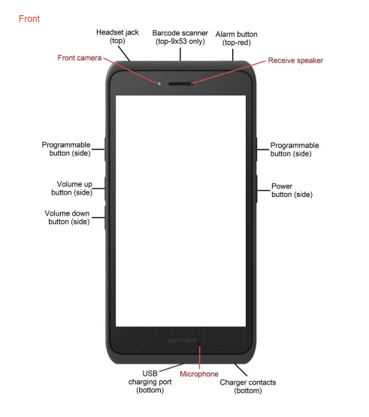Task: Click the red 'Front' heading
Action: (29, 18)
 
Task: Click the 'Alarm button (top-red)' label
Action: (237, 38)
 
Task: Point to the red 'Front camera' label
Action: (80, 58)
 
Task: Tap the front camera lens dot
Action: (159, 82)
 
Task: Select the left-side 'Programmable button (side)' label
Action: (66, 149)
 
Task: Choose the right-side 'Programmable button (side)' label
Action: (295, 149)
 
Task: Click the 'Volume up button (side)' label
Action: (74, 188)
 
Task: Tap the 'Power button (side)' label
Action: (282, 190)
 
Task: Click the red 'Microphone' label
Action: (199, 373)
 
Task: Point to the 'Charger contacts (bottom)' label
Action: (247, 386)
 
